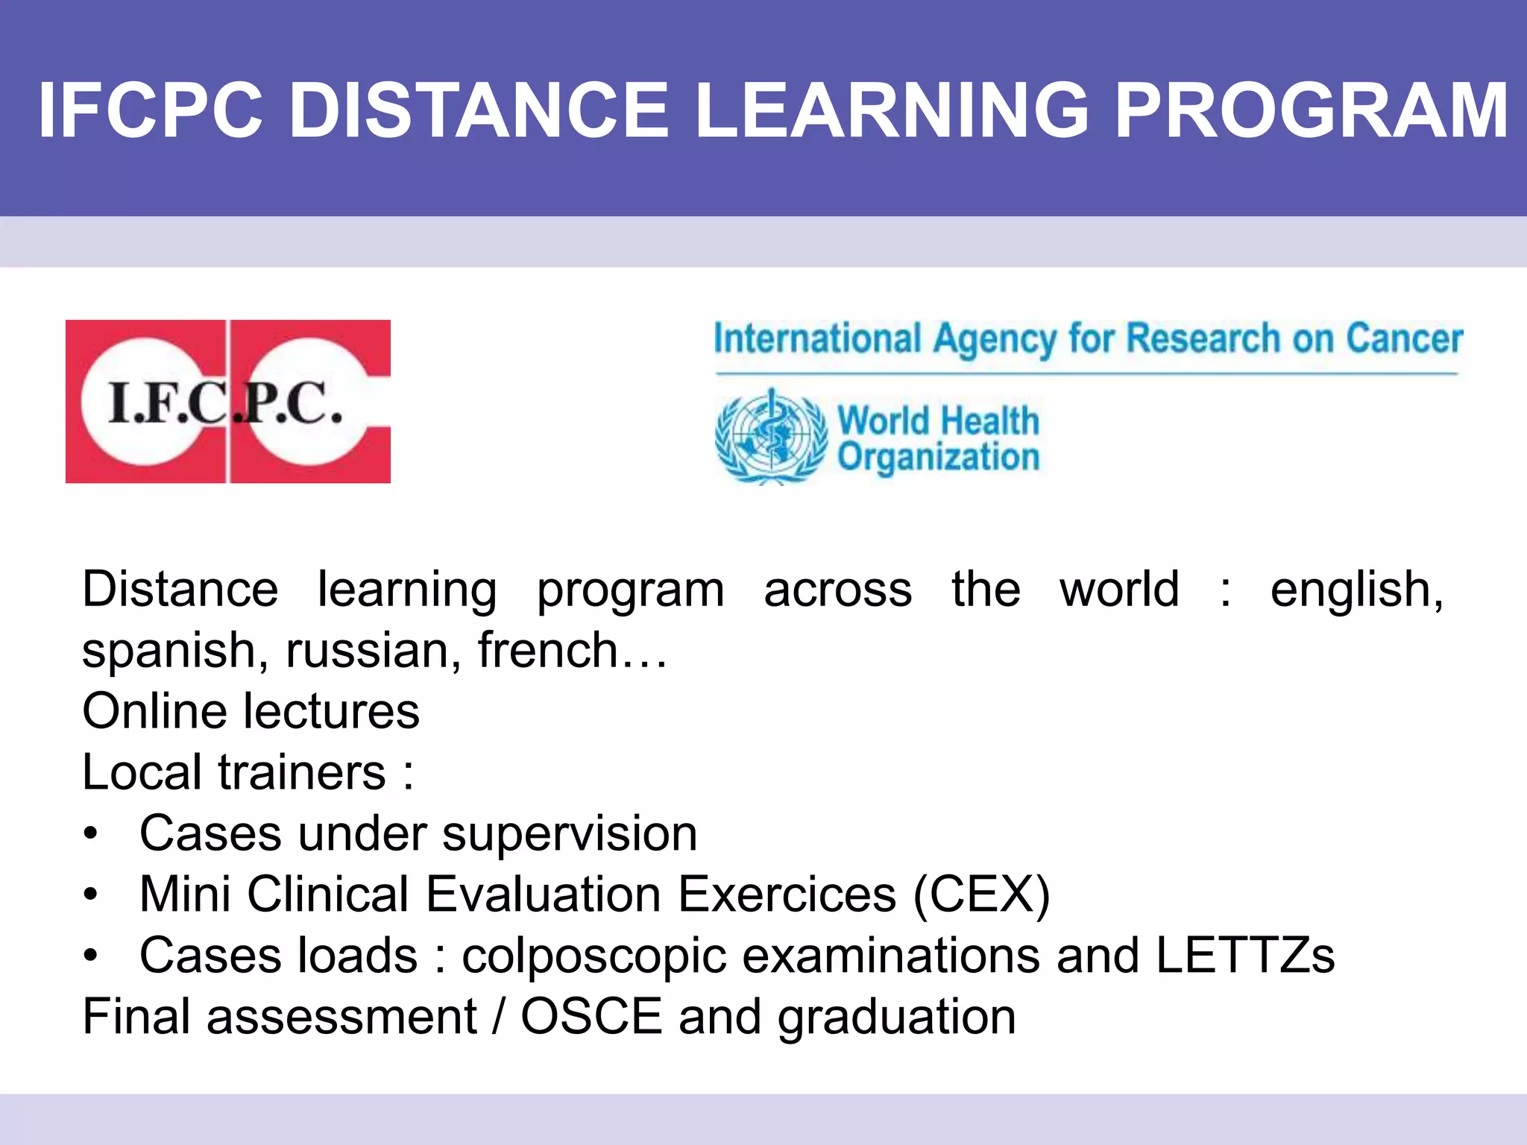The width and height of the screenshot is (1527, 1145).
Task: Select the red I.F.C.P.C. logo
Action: [228, 402]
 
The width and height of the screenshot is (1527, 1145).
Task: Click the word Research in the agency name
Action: [1203, 338]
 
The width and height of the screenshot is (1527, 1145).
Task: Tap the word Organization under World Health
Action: [938, 456]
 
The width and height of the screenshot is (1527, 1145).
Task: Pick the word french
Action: [548, 651]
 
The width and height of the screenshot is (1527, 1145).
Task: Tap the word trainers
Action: [302, 772]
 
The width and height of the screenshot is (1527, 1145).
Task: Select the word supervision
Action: [570, 833]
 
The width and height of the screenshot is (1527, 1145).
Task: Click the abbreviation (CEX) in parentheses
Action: [982, 895]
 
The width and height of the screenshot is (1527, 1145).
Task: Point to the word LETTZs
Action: [1245, 956]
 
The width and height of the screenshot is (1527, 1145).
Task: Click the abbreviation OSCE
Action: [591, 1017]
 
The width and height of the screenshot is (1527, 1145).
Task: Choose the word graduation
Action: [897, 1018]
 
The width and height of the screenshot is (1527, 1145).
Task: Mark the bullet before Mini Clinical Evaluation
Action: [91, 895]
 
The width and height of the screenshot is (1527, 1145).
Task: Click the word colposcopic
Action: [594, 957]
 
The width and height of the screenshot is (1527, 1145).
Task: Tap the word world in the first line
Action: [1119, 590]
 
